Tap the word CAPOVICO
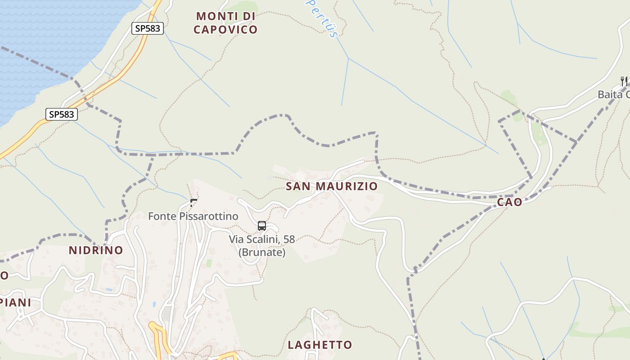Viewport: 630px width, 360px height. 225,30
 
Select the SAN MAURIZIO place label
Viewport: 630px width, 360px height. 332,186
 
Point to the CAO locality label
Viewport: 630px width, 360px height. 509,202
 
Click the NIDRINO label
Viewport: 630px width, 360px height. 96,250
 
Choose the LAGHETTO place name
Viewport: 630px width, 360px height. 319,345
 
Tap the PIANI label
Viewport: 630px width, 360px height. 16,302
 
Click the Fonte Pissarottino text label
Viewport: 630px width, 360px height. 193,216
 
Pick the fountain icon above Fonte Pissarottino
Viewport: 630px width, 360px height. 193,203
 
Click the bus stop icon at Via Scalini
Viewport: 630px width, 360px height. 262,226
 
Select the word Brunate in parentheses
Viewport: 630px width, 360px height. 262,252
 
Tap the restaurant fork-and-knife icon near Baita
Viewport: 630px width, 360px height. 624,81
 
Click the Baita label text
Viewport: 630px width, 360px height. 613,94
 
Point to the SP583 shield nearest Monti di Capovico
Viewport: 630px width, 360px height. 147,28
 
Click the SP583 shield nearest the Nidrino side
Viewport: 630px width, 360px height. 62,114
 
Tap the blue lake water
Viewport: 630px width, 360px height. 45,40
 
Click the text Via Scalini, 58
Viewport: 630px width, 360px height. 261,239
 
